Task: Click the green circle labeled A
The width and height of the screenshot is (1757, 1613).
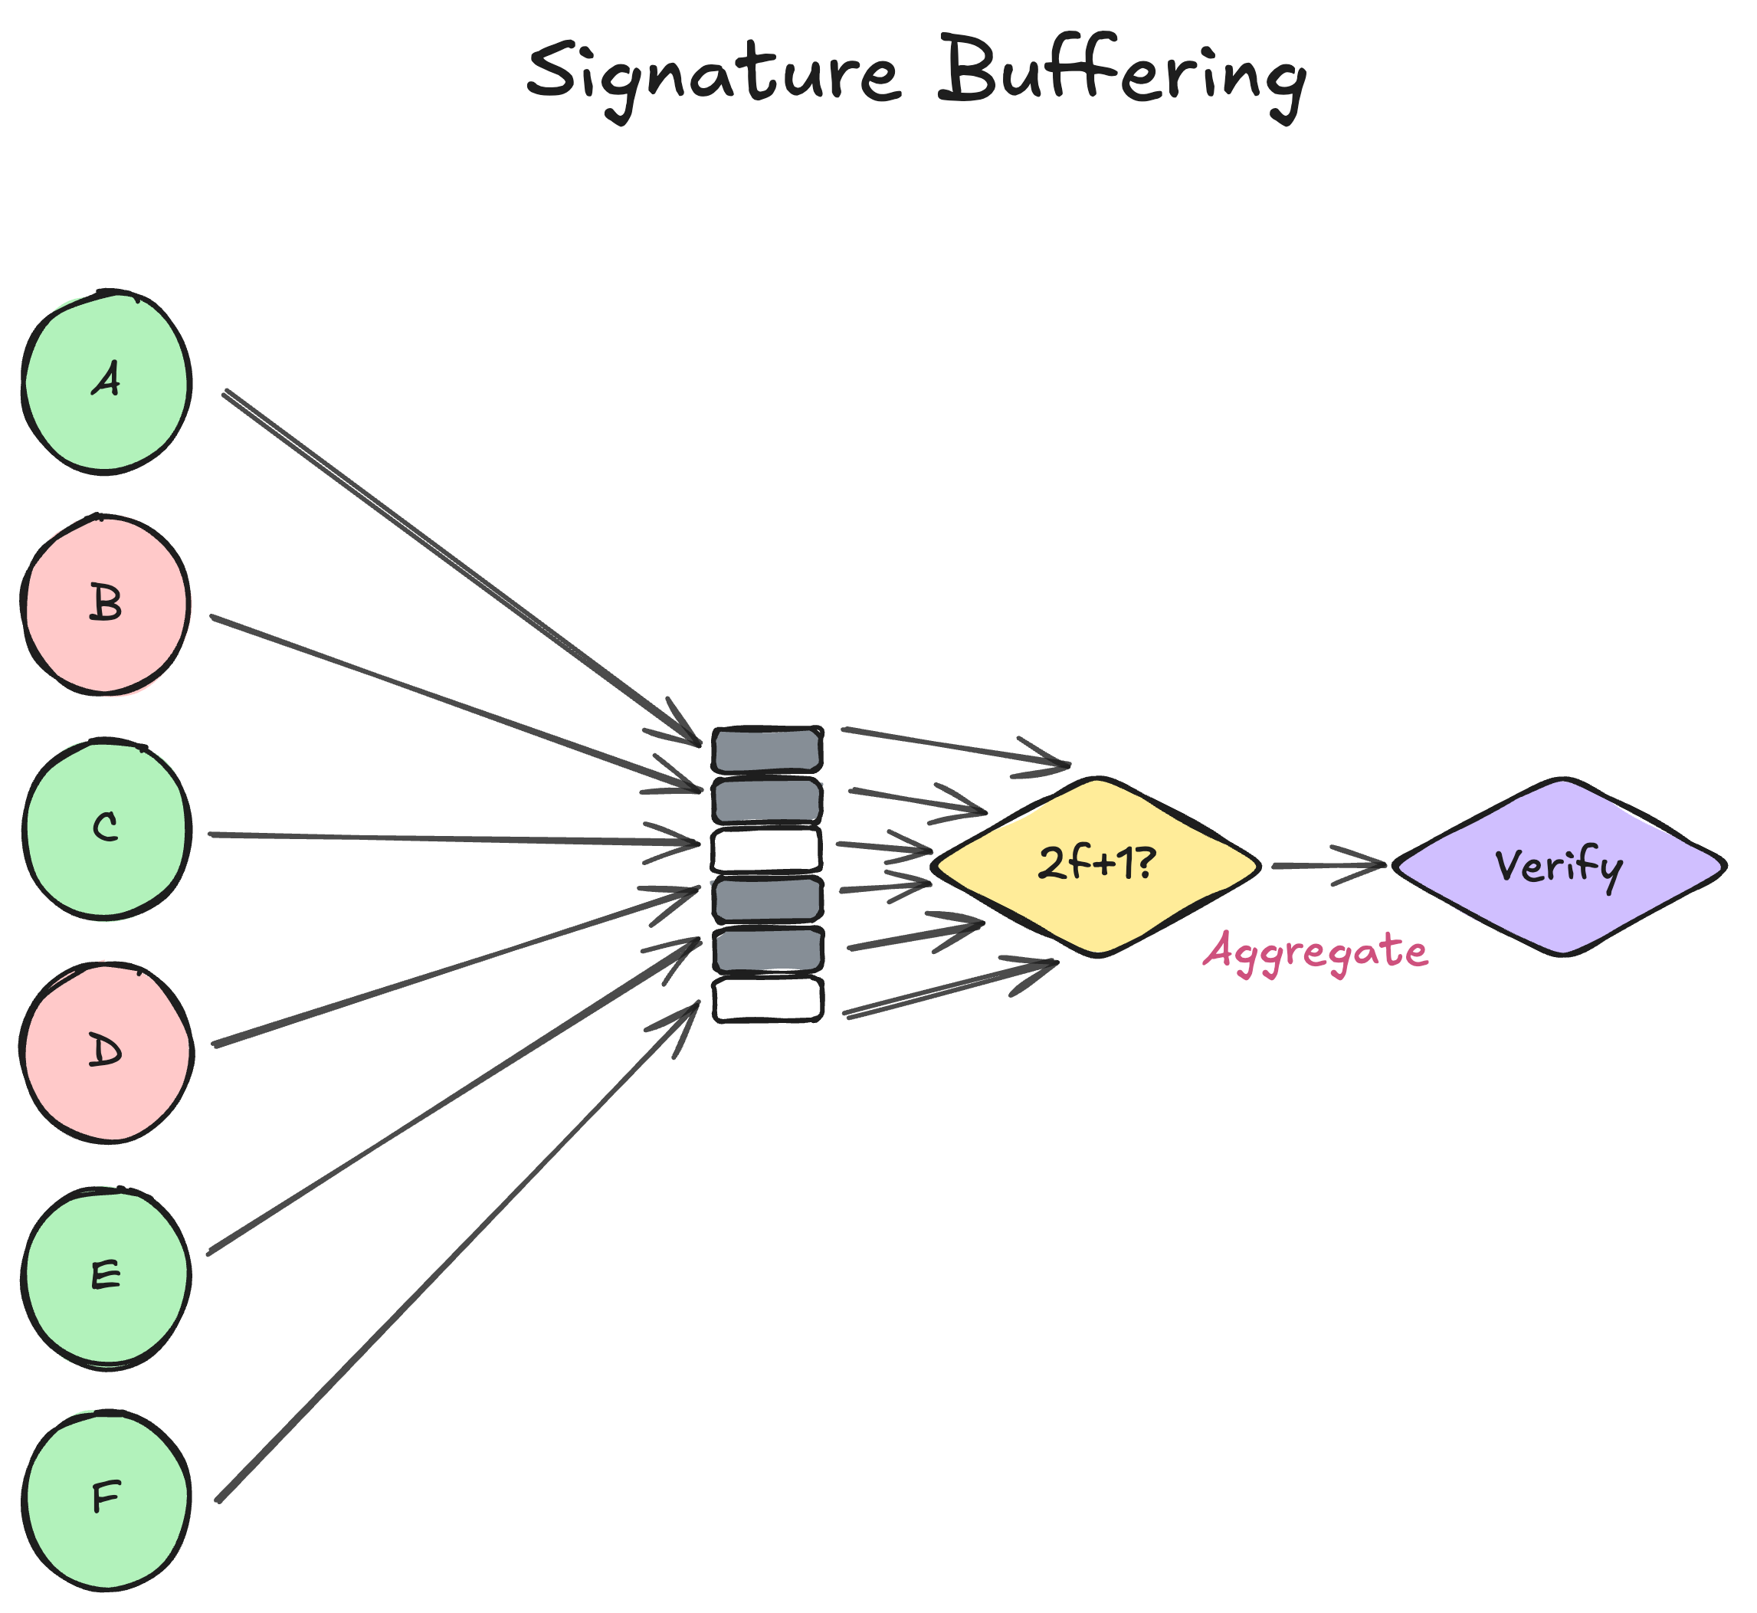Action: point(106,382)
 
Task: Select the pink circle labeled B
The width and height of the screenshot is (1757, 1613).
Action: point(106,604)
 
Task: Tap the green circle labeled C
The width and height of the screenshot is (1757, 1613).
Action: point(106,828)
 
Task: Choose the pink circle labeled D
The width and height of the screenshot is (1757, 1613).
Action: point(106,1053)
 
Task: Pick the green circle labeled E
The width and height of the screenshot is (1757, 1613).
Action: point(106,1276)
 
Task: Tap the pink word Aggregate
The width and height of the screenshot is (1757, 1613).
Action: point(1316,952)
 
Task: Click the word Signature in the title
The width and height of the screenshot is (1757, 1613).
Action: point(711,74)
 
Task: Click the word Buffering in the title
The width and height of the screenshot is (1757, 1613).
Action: point(1122,74)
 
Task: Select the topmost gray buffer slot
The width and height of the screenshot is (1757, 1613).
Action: point(767,749)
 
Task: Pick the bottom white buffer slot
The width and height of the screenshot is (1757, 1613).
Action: point(767,999)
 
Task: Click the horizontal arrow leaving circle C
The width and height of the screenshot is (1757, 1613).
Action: point(454,839)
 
